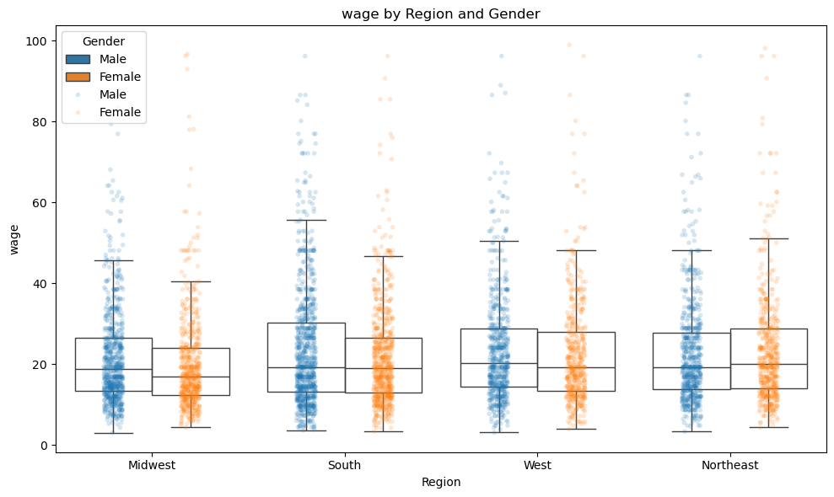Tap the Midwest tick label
click(152, 465)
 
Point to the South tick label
click(344, 465)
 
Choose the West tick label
click(537, 465)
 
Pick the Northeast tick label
click(729, 465)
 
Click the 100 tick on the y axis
click(39, 40)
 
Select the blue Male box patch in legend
click(78, 59)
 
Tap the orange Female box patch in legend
click(78, 77)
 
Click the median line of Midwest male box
click(113, 370)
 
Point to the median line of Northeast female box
click(768, 364)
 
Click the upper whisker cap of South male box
click(306, 220)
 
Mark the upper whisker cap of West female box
click(576, 250)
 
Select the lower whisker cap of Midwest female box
click(191, 427)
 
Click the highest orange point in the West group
click(569, 45)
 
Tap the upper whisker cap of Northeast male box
click(691, 250)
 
